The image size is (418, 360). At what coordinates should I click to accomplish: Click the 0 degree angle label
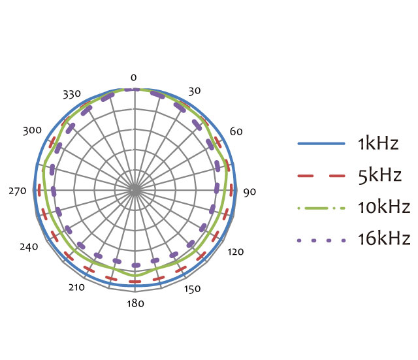(x=133, y=78)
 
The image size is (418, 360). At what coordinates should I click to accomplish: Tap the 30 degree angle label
(x=195, y=91)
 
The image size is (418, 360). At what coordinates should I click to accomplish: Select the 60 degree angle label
(x=236, y=131)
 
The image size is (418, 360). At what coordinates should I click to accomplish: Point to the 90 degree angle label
(x=249, y=192)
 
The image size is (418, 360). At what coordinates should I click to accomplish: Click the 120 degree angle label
(x=236, y=252)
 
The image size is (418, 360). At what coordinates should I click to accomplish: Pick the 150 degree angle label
(x=192, y=289)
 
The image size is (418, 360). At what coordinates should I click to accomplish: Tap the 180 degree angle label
(x=135, y=303)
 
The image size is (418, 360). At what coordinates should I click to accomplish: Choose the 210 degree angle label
(x=77, y=287)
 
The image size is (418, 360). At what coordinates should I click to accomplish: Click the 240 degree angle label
(x=29, y=247)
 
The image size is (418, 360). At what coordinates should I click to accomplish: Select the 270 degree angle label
(x=18, y=191)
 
